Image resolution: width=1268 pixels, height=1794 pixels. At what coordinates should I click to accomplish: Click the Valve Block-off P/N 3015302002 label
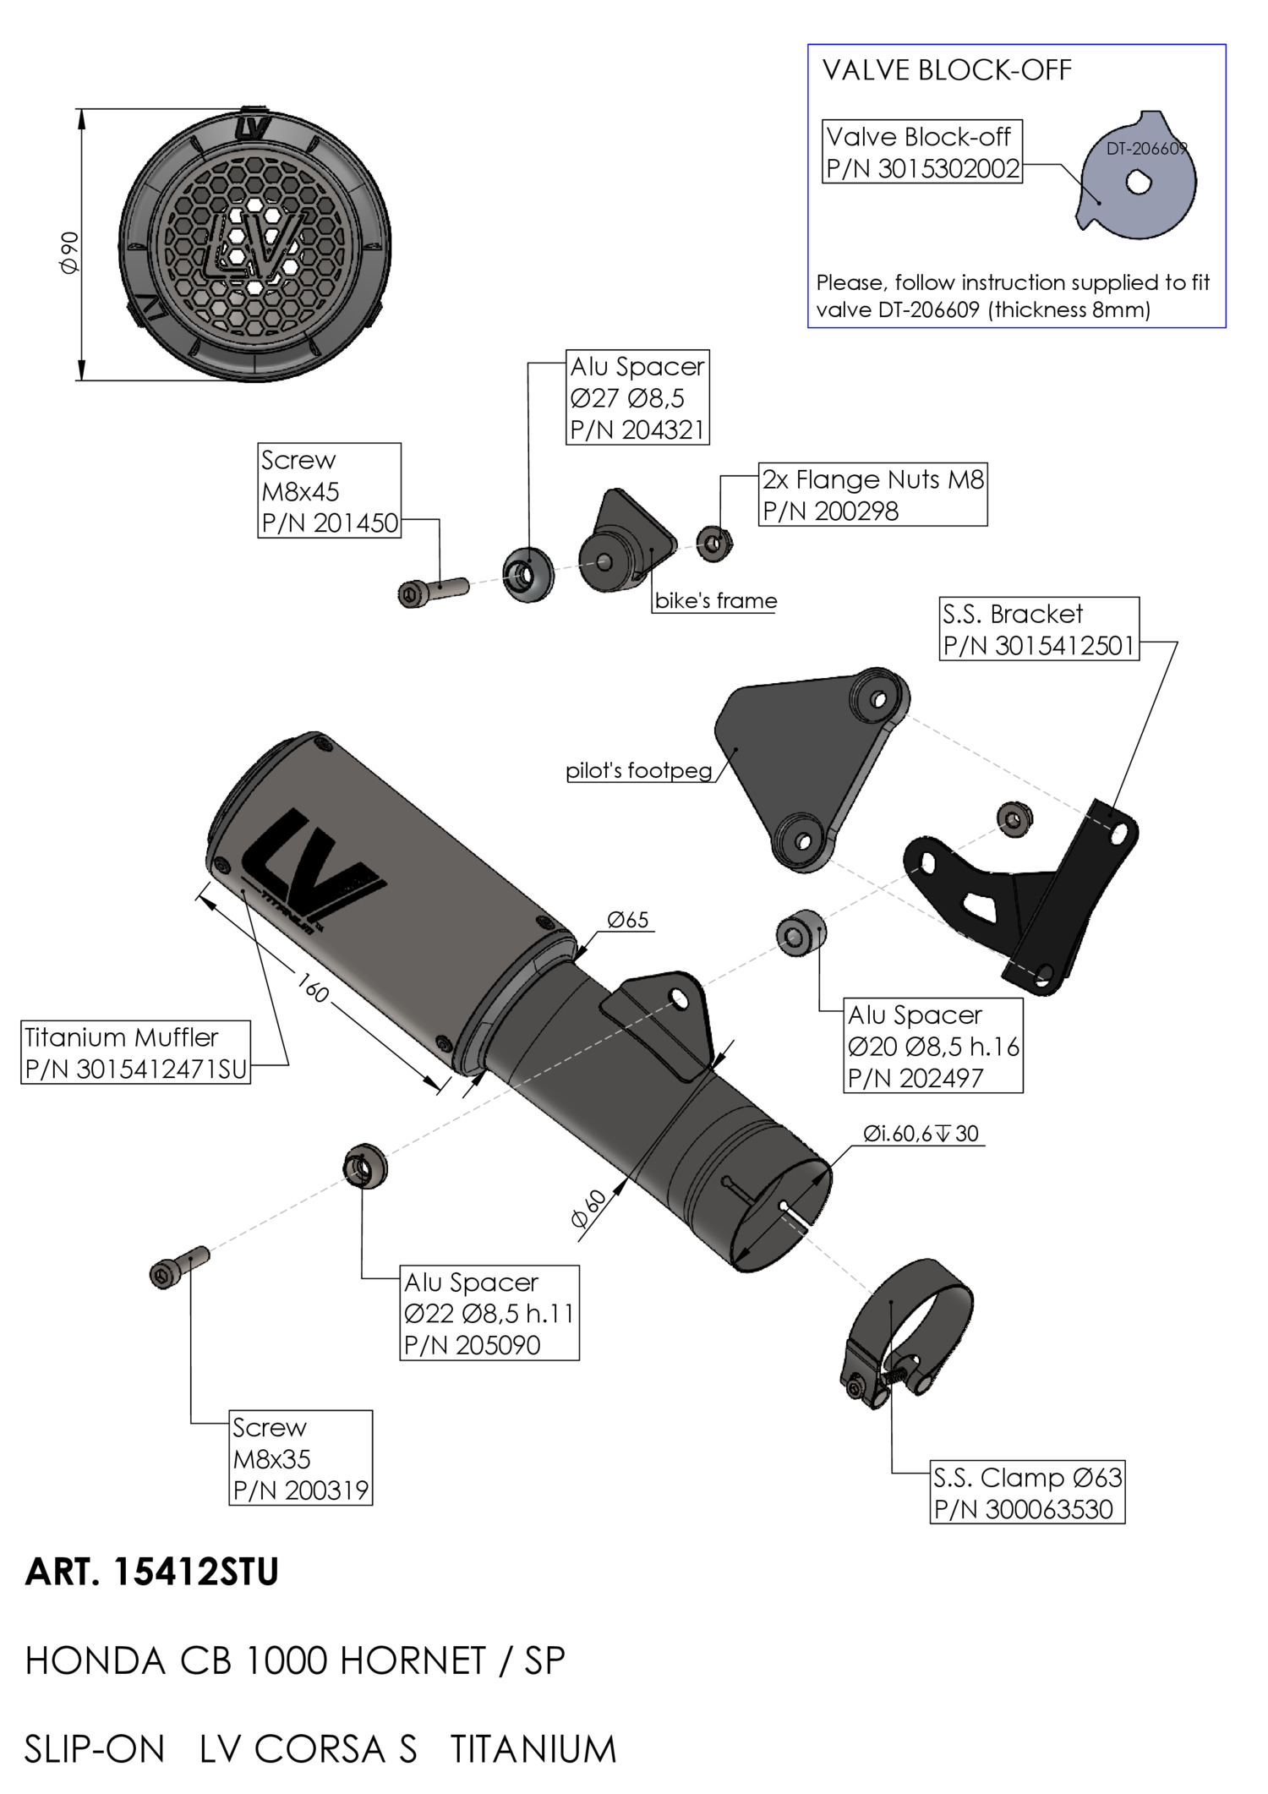922,152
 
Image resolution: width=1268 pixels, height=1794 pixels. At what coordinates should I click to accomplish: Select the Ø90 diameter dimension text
69,252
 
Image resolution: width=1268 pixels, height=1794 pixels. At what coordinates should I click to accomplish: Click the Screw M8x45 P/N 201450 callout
330,490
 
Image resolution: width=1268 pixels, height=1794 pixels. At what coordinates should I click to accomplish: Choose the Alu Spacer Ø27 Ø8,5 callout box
637,397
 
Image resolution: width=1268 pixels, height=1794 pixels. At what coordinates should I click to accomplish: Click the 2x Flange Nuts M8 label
873,495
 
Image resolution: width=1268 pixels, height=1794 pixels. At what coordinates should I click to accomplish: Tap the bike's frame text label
716,600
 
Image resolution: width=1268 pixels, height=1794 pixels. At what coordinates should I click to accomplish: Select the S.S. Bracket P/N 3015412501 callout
1039,629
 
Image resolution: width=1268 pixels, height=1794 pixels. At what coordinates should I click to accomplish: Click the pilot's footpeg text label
639,770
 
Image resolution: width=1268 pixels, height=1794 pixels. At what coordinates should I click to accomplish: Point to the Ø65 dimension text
628,920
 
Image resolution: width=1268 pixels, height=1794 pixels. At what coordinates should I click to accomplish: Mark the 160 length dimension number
313,987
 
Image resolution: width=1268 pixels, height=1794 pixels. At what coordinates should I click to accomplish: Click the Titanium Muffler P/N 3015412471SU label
136,1053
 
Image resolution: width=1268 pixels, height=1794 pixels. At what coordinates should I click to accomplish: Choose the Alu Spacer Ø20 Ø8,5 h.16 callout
933,1046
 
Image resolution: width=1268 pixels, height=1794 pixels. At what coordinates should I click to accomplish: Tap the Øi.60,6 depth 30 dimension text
921,1133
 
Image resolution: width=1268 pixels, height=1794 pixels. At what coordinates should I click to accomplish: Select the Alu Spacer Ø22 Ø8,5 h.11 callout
489,1313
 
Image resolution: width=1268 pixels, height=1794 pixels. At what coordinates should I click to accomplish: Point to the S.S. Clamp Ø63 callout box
1028,1493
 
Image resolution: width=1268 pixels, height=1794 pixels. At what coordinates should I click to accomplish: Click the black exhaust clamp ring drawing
906,1334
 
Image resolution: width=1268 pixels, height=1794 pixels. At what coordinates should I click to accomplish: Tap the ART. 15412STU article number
152,1572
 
